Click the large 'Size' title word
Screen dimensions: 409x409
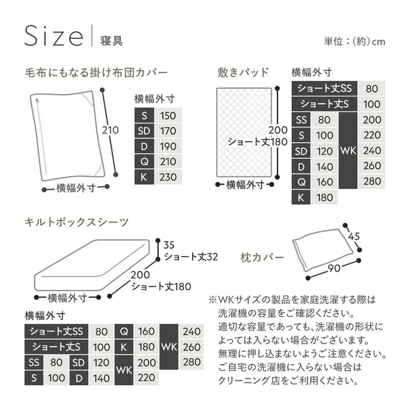[54, 35]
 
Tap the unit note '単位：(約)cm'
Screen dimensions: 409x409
[354, 42]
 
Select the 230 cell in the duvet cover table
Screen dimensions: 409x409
[168, 177]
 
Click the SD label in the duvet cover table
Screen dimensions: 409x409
[144, 131]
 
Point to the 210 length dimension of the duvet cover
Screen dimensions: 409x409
[110, 130]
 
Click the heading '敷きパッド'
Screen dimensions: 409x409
[243, 72]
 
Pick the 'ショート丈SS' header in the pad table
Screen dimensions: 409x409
[324, 89]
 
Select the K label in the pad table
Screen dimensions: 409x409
[301, 198]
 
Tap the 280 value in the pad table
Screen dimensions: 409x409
[372, 181]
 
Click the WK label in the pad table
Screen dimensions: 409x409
[348, 151]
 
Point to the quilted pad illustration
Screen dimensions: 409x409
[244, 132]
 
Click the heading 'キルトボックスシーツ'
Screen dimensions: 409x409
[76, 222]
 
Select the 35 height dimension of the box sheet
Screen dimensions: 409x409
[169, 245]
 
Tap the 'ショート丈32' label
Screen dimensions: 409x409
[191, 257]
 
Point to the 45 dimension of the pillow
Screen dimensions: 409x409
[354, 237]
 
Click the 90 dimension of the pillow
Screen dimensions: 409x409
[334, 268]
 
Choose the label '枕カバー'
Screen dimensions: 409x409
[262, 258]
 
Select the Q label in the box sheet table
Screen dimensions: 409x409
[124, 331]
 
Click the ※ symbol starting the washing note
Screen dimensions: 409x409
[213, 300]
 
